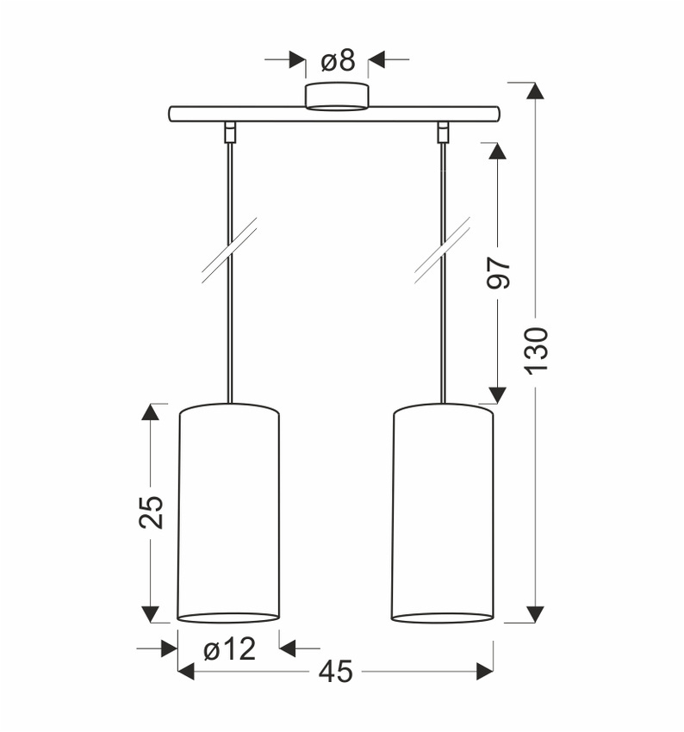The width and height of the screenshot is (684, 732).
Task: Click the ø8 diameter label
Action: [338, 60]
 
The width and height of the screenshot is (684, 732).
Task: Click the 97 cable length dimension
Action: [500, 272]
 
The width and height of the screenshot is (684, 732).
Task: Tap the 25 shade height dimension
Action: [151, 512]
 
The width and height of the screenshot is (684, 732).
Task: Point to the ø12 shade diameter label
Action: [230, 648]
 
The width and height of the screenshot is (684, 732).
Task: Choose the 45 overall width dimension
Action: [335, 672]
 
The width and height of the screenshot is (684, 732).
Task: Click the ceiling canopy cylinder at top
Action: [338, 96]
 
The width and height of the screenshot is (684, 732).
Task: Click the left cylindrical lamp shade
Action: [228, 512]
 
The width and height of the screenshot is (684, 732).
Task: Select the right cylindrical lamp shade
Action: [443, 512]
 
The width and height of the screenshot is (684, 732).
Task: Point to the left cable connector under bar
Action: [229, 132]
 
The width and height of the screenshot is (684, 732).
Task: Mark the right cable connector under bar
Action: [444, 132]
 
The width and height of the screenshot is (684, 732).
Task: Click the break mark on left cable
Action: [229, 250]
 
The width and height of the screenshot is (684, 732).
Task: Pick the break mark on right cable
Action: [442, 250]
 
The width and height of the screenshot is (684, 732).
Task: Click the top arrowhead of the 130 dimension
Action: [535, 91]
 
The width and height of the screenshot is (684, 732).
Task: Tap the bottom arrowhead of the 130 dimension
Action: [535, 613]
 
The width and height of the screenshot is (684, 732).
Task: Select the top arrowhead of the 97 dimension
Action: [497, 151]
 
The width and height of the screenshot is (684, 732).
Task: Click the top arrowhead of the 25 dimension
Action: [151, 412]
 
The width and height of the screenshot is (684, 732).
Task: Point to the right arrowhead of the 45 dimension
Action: [485, 672]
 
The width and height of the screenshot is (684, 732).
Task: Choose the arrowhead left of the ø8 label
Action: [297, 60]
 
